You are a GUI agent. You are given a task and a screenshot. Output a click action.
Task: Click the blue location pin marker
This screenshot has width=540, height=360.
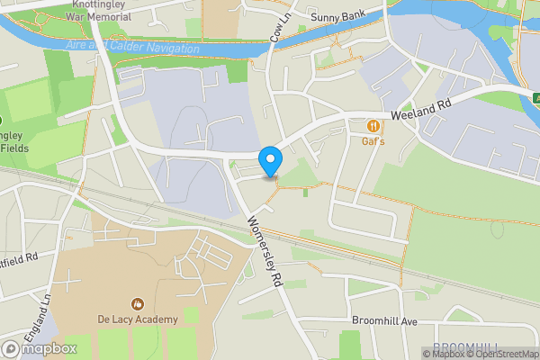pyautogui.click(x=270, y=161)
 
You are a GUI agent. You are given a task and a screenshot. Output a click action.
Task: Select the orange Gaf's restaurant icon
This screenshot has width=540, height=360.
pyautogui.click(x=373, y=125)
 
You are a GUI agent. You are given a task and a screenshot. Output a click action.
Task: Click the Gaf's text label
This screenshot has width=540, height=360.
pyautogui.click(x=373, y=141)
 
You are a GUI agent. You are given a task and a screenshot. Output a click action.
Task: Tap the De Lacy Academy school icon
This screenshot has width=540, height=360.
pyautogui.click(x=138, y=303)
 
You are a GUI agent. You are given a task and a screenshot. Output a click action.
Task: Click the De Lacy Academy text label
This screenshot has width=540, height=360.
pyautogui.click(x=139, y=319)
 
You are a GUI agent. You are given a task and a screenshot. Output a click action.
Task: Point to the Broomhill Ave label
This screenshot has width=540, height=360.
pyautogui.click(x=386, y=321)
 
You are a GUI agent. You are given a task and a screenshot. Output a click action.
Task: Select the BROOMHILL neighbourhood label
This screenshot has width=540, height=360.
pyautogui.click(x=467, y=347)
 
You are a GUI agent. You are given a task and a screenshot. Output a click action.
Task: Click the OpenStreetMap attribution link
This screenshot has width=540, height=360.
pyautogui.click(x=502, y=354)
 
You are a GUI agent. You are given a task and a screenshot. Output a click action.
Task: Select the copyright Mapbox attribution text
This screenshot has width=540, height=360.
pyautogui.click(x=443, y=354)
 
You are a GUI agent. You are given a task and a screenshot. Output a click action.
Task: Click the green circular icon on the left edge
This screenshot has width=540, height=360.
pyautogui.click(x=2, y=120)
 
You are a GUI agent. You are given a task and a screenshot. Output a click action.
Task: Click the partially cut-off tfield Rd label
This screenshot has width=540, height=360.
pyautogui.click(x=19, y=257)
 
